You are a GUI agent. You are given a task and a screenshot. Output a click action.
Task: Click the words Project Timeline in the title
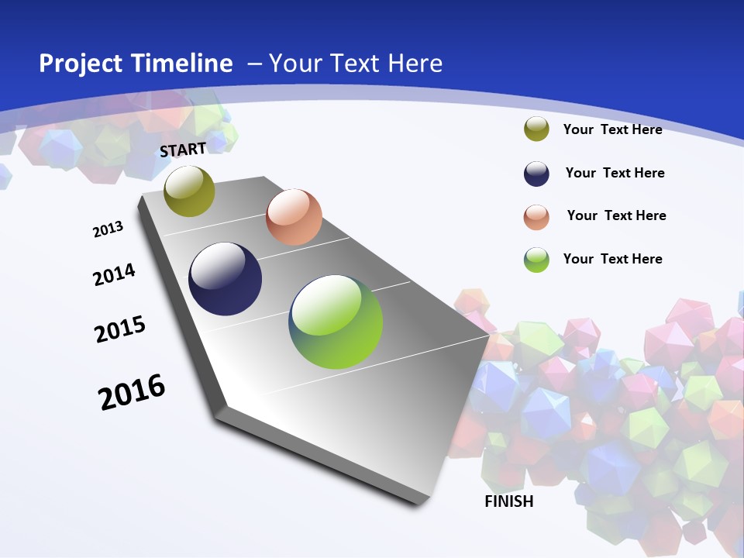(x=136, y=64)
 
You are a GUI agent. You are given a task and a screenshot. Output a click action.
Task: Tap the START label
(x=183, y=150)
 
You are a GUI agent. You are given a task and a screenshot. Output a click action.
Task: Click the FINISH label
(x=509, y=501)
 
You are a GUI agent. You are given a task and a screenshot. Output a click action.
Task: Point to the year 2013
(x=108, y=229)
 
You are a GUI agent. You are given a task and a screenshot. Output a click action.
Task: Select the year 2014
(x=114, y=274)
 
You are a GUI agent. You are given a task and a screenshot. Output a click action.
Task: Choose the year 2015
(x=120, y=329)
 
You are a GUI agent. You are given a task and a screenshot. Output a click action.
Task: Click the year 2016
(x=132, y=391)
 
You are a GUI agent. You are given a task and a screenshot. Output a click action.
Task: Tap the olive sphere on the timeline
(x=189, y=191)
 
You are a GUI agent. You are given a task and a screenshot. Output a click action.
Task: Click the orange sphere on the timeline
(x=294, y=217)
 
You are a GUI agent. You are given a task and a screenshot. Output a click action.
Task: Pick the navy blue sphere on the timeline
(x=226, y=279)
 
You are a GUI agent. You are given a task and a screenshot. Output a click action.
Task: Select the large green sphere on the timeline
(x=336, y=322)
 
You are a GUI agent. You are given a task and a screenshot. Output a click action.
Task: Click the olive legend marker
(x=536, y=129)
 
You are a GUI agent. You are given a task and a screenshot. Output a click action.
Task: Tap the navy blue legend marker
(x=536, y=174)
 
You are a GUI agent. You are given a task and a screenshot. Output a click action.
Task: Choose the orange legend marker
(x=536, y=217)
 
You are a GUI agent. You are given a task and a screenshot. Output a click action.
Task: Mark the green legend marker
(x=536, y=260)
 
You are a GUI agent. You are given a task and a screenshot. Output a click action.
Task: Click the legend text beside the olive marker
(x=612, y=129)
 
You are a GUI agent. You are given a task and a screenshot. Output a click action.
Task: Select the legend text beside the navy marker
(x=615, y=173)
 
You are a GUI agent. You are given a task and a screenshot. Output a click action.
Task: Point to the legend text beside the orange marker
(x=616, y=215)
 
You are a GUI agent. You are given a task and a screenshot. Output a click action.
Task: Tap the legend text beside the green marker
(x=612, y=259)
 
